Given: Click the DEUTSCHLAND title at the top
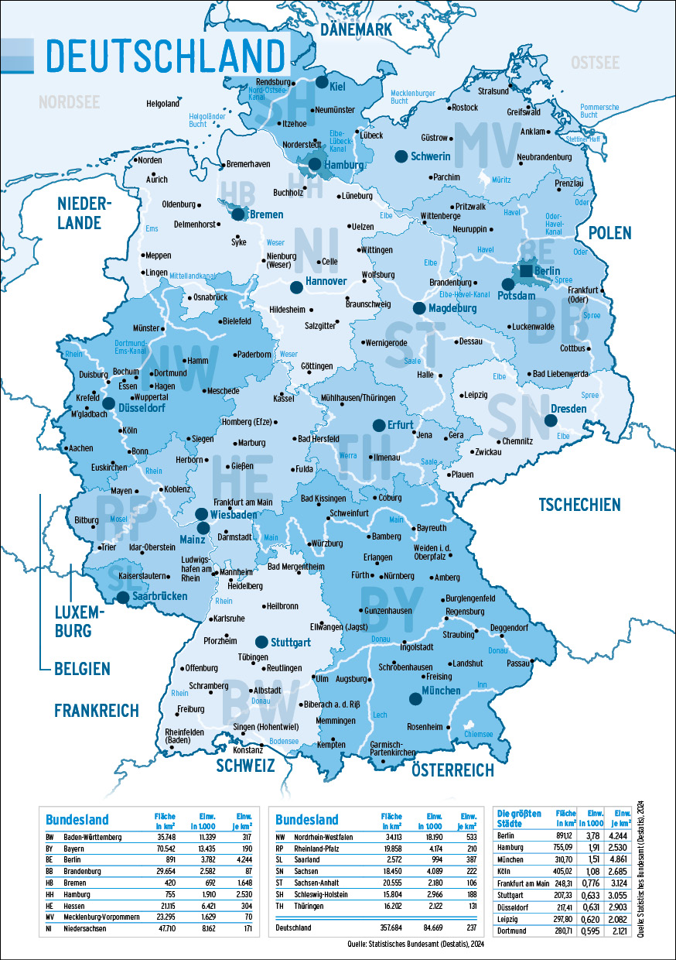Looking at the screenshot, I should pos(165,56).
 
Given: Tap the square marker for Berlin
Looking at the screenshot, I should pos(526,270).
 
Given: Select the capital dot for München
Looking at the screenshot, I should pos(415,699).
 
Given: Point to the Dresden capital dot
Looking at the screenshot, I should pos(550,420).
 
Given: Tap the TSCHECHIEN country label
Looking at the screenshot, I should pos(579,505).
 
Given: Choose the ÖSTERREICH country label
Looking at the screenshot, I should pos(452,770).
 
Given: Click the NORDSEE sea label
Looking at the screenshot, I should pos(70,101).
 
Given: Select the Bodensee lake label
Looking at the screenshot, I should pos(283,741).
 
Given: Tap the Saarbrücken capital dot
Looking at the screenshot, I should pos(123,597).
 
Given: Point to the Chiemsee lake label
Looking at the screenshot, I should pos(478,733).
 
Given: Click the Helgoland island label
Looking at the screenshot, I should pos(162,103).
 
